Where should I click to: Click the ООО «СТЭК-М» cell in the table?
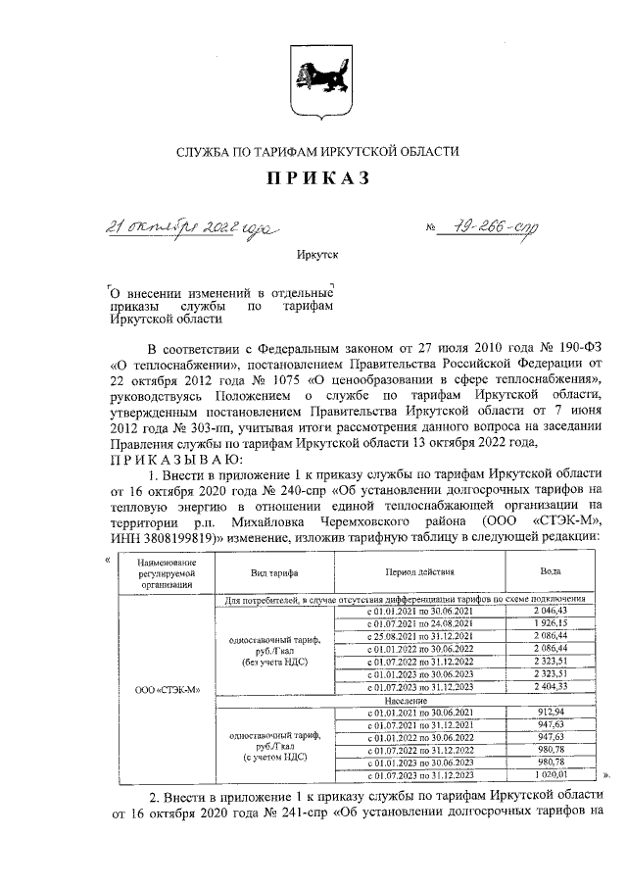pos(166,688)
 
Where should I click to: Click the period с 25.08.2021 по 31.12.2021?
pos(420,635)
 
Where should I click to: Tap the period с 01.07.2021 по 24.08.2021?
pos(420,622)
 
